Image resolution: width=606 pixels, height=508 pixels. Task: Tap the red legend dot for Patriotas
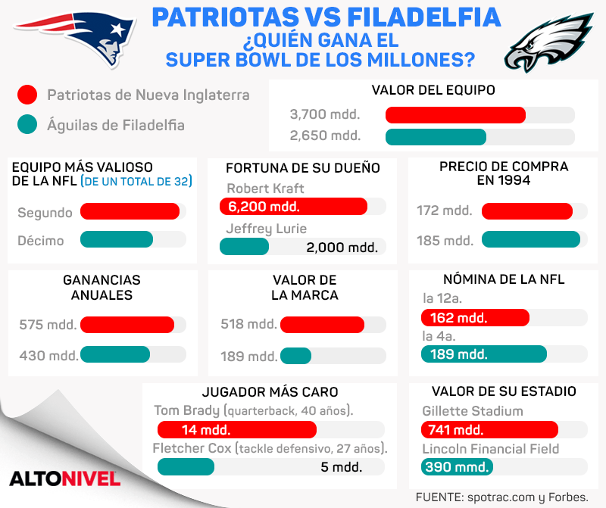tap(27, 95)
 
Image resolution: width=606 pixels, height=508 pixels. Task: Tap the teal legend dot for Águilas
tap(27, 125)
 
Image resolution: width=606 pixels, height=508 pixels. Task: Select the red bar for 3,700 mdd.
tap(455, 115)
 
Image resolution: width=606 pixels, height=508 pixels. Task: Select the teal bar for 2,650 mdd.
tap(436, 137)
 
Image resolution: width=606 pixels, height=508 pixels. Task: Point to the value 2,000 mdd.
tap(342, 247)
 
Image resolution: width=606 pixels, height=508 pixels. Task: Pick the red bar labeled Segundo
tap(130, 212)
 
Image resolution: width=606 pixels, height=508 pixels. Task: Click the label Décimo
tap(41, 241)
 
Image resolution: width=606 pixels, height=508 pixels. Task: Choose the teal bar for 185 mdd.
tap(530, 240)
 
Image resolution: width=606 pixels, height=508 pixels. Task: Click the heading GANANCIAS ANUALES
tap(102, 287)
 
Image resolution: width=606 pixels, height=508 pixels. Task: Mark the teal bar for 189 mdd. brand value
tap(295, 356)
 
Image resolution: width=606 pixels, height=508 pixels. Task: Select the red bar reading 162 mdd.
tap(476, 317)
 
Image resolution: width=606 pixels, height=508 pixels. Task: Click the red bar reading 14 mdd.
tap(236, 429)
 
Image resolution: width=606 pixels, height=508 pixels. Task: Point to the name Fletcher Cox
tap(192, 448)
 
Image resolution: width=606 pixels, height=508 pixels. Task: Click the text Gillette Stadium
tap(473, 411)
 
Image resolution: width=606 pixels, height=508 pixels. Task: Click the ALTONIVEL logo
tap(65, 478)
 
